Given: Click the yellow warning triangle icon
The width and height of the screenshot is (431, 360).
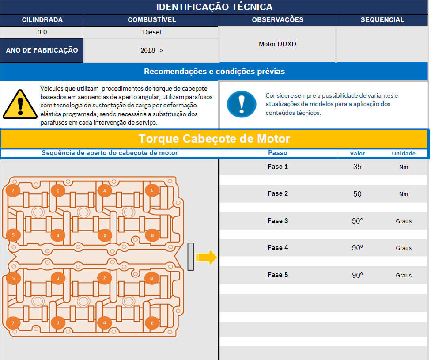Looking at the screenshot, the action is point(20,105).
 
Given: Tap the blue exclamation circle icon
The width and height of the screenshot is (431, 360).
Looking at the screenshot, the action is point(242,104).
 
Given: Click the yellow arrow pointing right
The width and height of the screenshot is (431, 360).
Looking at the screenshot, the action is point(206,257).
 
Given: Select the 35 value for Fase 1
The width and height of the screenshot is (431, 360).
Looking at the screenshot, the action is point(357,167).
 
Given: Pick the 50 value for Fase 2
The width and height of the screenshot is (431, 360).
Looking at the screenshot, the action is point(357,194).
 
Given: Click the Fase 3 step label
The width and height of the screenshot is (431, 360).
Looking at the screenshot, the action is point(278,221).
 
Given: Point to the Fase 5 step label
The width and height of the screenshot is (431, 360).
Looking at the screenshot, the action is point(278,275).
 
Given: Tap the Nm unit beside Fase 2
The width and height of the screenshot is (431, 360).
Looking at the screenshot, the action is point(404,194).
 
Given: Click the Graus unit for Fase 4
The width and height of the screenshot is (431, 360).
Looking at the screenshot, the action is point(404,248).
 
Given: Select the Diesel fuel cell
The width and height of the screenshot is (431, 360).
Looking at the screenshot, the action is point(152,32).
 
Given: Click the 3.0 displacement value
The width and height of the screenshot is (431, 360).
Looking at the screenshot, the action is point(42,32).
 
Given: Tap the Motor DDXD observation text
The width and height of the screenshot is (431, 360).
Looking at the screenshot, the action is point(277,44).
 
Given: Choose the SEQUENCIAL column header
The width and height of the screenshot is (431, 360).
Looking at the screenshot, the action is point(382,20).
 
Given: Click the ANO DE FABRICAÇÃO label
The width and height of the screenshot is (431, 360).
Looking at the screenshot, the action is point(42,50).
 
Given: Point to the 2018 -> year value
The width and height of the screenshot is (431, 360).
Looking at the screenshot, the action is point(152,50).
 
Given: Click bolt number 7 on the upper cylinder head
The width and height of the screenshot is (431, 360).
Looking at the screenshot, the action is point(13,190).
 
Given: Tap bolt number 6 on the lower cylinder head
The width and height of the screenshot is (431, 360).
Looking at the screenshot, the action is point(152,322).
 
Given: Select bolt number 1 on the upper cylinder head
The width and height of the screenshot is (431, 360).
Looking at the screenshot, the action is point(58,190).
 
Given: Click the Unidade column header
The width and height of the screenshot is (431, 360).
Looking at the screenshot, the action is point(404,153).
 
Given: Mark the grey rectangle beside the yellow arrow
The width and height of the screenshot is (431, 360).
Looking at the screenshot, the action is point(191,257).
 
